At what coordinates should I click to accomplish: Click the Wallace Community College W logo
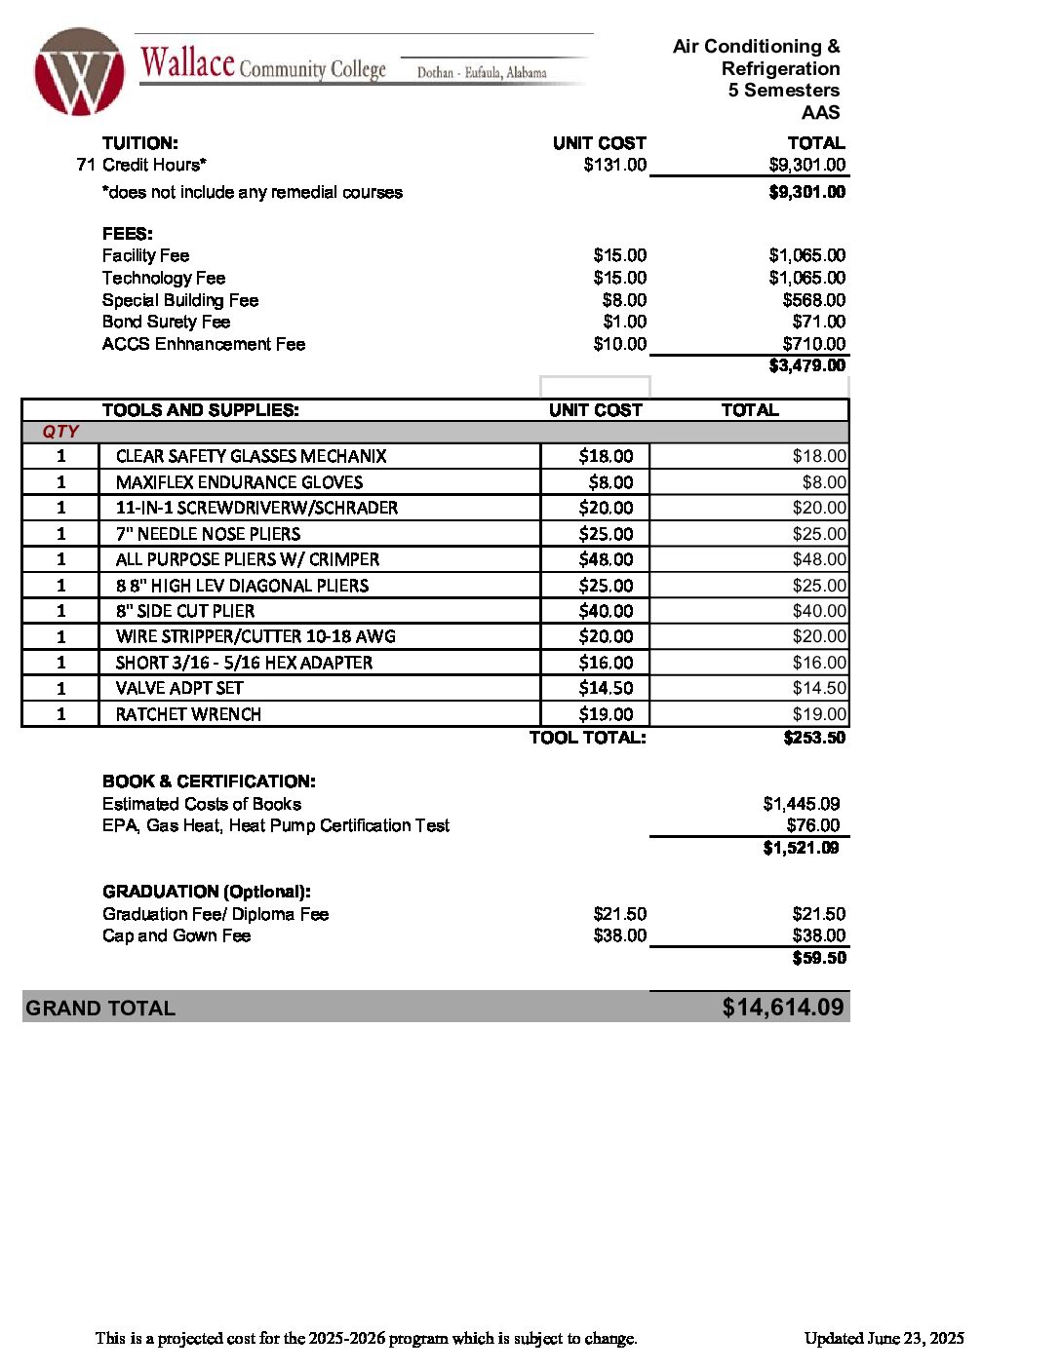tap(80, 71)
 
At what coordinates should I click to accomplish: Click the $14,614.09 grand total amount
tap(782, 1008)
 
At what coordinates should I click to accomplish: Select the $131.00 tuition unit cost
tap(614, 165)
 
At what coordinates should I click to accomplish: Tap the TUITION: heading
tap(140, 143)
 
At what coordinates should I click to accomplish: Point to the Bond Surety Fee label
tap(166, 322)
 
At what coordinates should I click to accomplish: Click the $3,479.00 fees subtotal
tap(806, 365)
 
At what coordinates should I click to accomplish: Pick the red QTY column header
tap(60, 432)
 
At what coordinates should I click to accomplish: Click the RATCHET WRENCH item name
tap(188, 714)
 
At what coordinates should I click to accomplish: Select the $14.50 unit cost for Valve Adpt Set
tap(606, 688)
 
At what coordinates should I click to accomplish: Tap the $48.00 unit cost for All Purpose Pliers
tap(606, 559)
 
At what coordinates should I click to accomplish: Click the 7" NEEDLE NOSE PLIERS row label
tap(208, 534)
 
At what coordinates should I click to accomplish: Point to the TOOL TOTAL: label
tap(587, 738)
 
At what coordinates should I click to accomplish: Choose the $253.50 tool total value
tap(814, 738)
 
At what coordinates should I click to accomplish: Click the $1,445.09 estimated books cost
tap(801, 804)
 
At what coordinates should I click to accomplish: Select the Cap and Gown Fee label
tap(177, 935)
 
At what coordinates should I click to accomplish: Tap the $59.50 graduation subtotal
tap(819, 958)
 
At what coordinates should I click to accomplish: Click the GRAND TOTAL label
tap(100, 1009)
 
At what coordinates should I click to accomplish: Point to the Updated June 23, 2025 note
tap(884, 1338)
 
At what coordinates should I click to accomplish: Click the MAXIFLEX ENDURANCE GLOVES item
tap(239, 482)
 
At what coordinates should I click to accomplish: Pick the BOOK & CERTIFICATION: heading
tap(209, 781)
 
